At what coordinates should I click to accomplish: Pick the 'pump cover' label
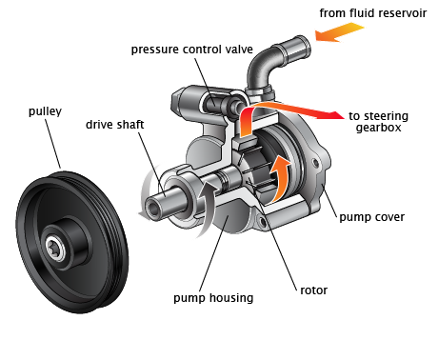click(371, 217)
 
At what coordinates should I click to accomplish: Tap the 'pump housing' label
click(213, 298)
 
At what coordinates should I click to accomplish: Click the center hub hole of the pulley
click(58, 251)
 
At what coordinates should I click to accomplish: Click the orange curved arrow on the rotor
click(283, 172)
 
